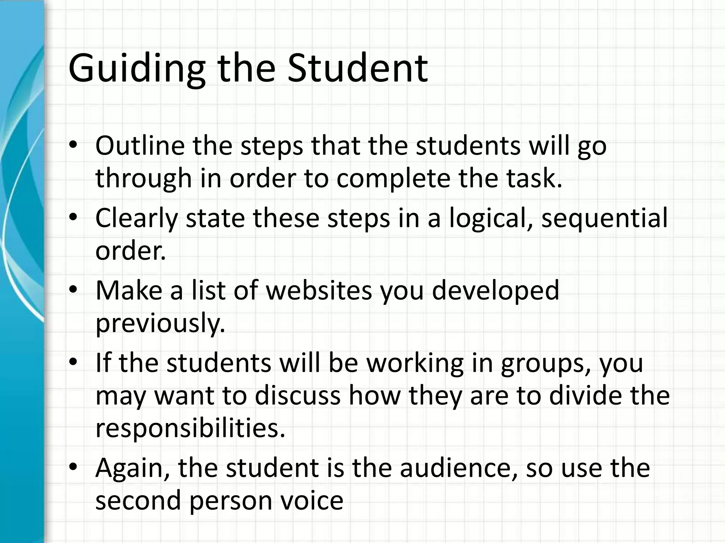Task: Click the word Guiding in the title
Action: [x=137, y=69]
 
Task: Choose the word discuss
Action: [x=298, y=396]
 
